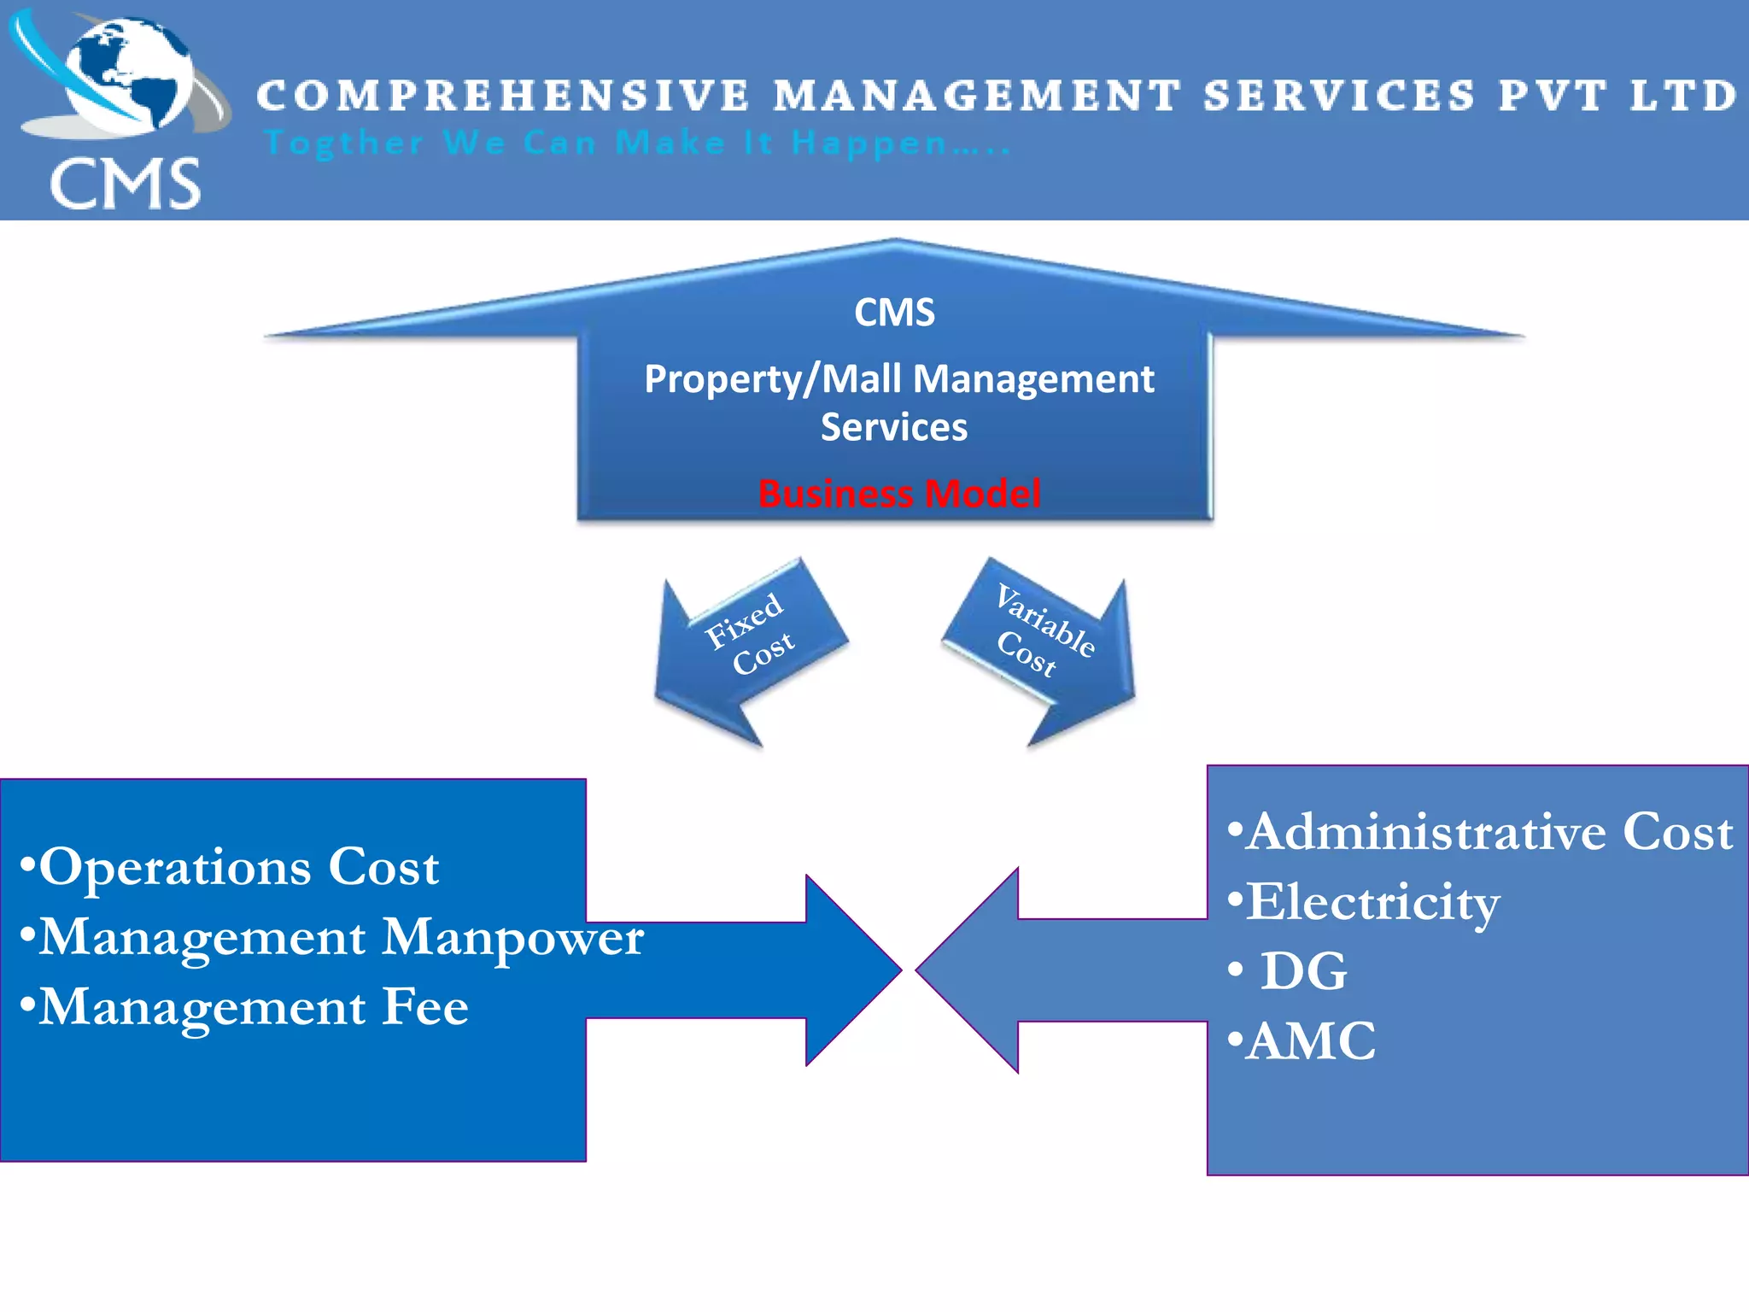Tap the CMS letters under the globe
point(126,184)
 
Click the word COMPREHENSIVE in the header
point(503,96)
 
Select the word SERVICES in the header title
point(1339,96)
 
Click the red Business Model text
point(899,494)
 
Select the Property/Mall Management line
point(898,379)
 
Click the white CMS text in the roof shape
point(894,313)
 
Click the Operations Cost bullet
point(231,867)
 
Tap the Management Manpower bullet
point(333,937)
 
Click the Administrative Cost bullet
point(1481,832)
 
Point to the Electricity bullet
point(1364,902)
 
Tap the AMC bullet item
point(1303,1041)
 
